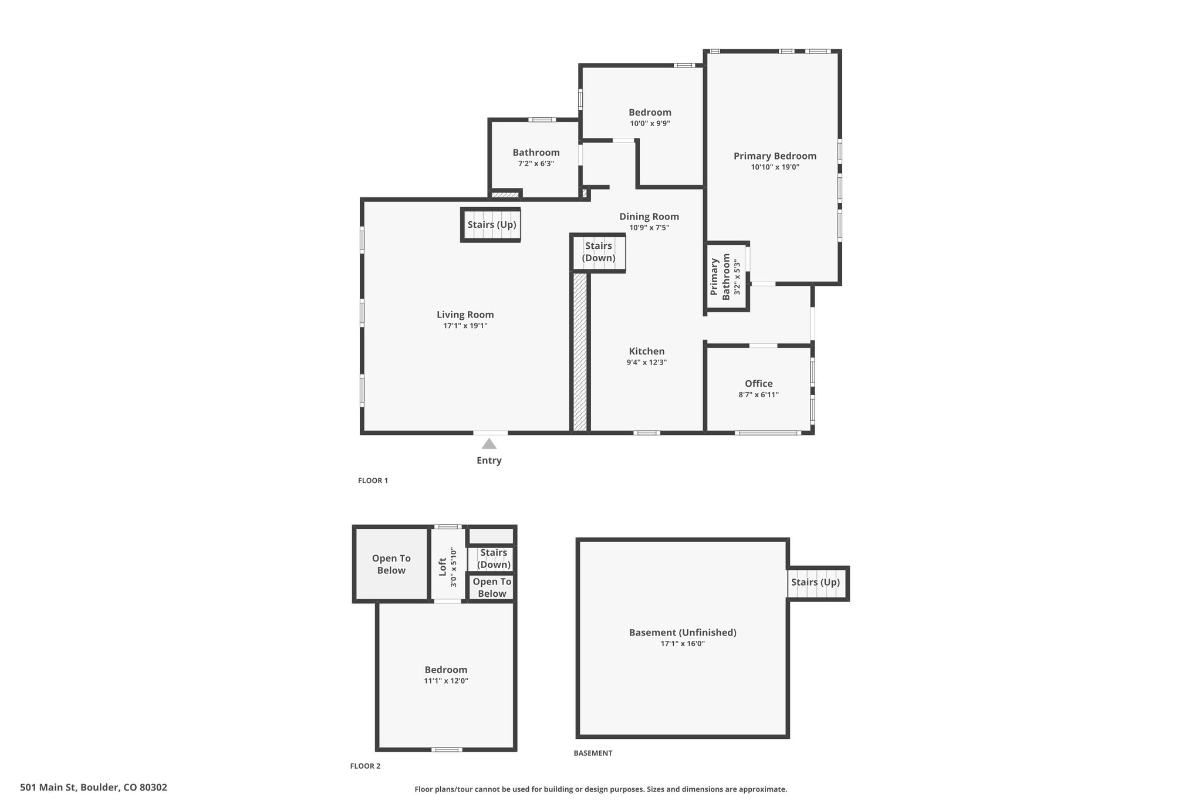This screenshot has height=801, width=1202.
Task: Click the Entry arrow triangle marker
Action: point(489,444)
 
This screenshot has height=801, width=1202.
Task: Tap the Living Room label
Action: point(465,315)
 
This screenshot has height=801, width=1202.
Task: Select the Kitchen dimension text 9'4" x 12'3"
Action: point(647,363)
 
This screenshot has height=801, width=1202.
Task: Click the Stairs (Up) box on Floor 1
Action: point(491,225)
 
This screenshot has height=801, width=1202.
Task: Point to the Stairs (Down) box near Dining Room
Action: point(599,252)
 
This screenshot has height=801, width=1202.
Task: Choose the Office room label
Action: point(759,384)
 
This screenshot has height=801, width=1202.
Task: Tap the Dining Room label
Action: point(649,217)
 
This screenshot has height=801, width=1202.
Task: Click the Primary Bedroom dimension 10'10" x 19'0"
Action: point(775,167)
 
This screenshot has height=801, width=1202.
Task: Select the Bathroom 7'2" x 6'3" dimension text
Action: point(536,164)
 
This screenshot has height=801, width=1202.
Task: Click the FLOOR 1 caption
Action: point(373,481)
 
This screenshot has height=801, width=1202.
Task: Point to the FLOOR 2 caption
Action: point(365,766)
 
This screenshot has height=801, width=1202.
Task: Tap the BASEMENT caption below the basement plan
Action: point(593,753)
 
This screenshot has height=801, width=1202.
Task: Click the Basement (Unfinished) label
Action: point(683,633)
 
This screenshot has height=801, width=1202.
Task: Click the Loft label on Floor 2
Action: point(443,567)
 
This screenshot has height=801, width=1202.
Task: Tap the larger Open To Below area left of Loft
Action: point(391,565)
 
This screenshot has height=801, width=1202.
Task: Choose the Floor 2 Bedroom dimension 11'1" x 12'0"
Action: point(446,681)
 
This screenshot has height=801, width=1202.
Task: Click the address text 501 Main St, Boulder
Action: point(93,788)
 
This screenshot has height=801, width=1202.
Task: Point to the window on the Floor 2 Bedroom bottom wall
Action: point(447,749)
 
